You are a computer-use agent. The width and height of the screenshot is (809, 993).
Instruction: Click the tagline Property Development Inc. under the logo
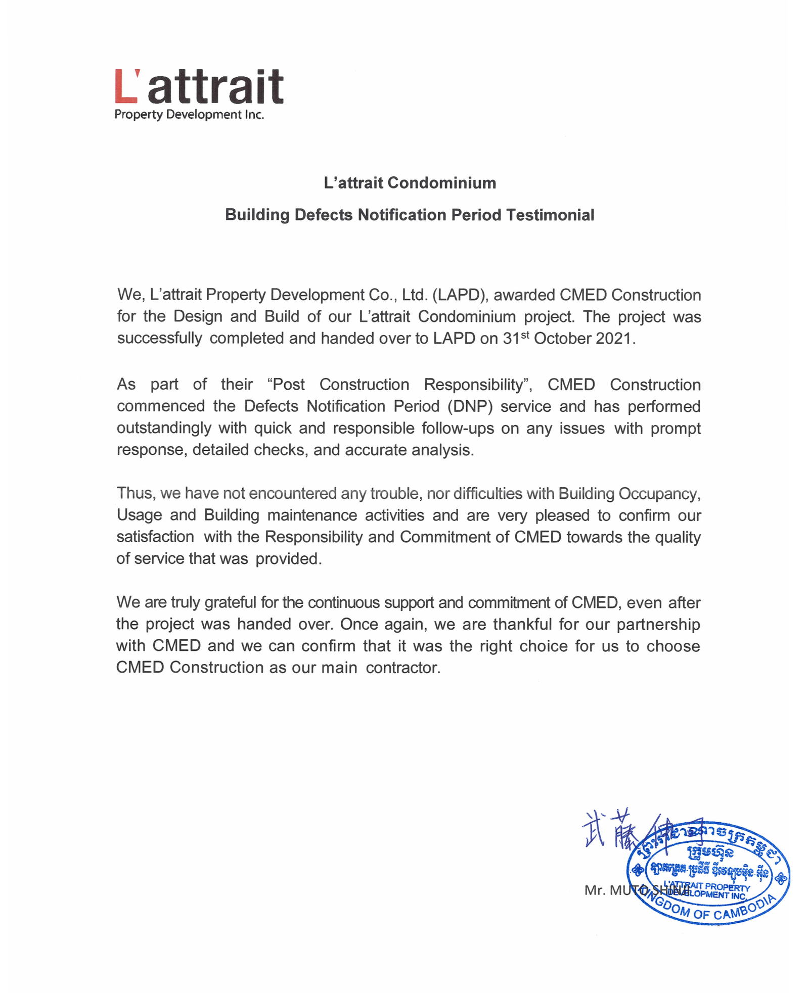point(189,115)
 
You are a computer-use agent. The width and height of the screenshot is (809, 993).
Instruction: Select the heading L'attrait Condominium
point(410,182)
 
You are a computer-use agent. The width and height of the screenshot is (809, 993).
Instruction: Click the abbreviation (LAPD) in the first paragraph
point(459,295)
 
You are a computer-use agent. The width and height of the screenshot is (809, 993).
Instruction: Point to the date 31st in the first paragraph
point(516,338)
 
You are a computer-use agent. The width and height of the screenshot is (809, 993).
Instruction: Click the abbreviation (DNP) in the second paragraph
point(469,406)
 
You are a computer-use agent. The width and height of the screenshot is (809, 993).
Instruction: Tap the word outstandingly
point(164,428)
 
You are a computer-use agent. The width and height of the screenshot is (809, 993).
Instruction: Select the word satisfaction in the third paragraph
point(155,537)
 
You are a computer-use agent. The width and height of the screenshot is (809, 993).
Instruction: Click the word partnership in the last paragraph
point(658,624)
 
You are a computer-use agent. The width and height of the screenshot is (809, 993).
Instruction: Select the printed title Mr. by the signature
point(595,890)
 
